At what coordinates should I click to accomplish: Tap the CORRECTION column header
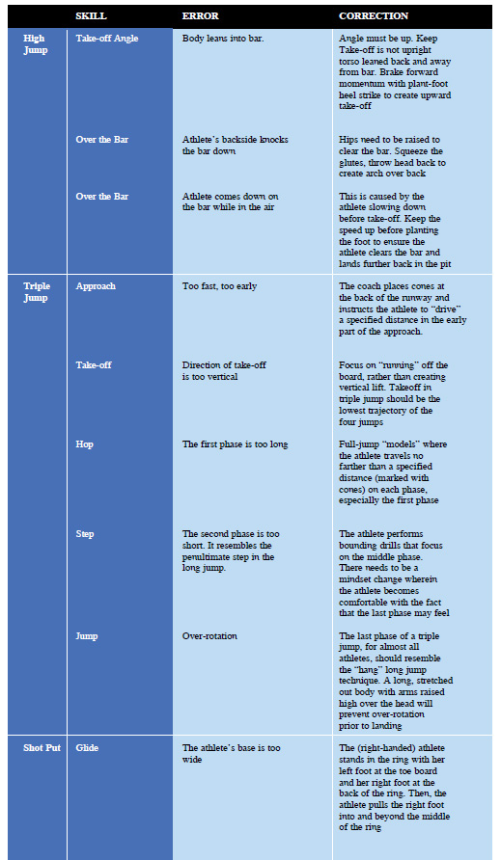click(374, 16)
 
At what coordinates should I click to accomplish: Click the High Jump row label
click(35, 43)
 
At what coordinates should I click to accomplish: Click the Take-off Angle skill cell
click(107, 39)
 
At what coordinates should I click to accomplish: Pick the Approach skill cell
click(96, 286)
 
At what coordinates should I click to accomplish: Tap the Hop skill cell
click(85, 444)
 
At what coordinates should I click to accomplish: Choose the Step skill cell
click(86, 533)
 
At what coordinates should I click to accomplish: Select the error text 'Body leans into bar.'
click(223, 39)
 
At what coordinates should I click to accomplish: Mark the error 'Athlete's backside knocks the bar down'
click(229, 146)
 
